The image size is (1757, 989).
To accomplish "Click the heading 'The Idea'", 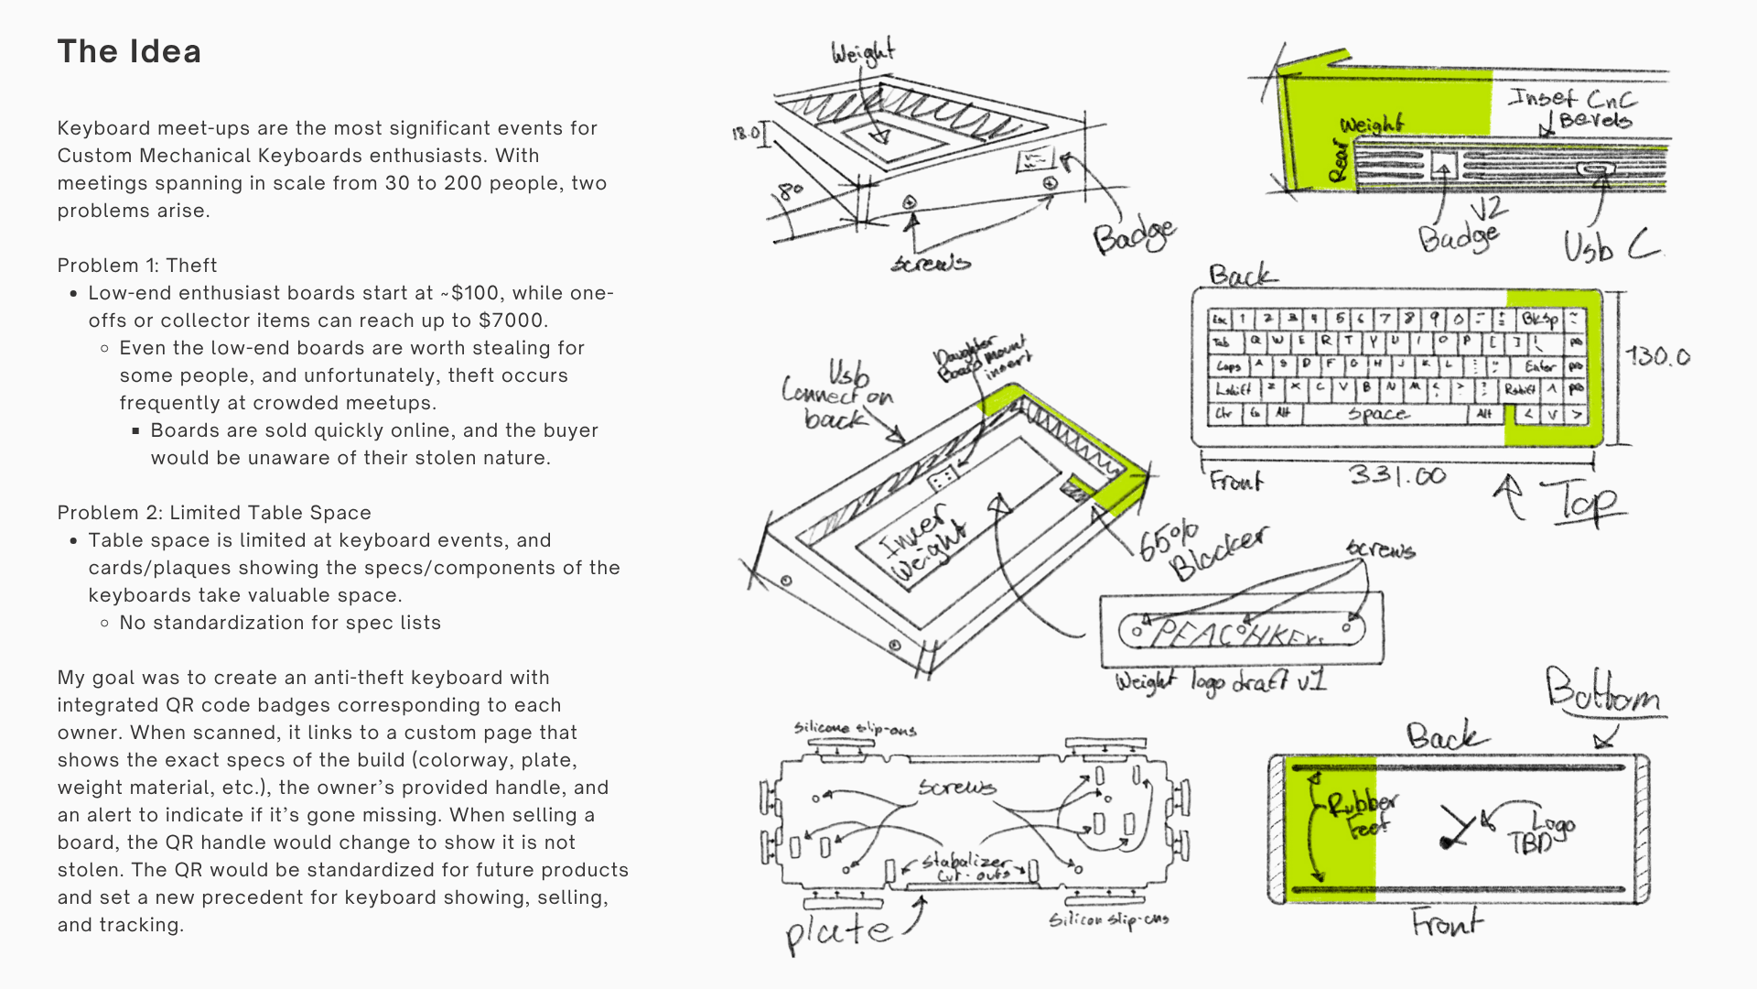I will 129,52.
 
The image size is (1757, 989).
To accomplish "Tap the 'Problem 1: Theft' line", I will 137,266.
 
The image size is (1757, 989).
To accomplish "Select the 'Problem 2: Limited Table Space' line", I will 214,513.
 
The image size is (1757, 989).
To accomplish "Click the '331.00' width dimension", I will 1396,475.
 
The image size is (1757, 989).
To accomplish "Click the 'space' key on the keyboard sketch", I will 1378,414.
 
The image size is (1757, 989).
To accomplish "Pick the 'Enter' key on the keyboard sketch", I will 1540,366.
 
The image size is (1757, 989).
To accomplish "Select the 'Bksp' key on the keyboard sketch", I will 1539,320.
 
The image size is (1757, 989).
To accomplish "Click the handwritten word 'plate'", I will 838,931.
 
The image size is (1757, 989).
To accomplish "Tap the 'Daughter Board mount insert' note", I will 980,359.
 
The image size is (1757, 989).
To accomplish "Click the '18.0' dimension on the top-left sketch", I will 746,134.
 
